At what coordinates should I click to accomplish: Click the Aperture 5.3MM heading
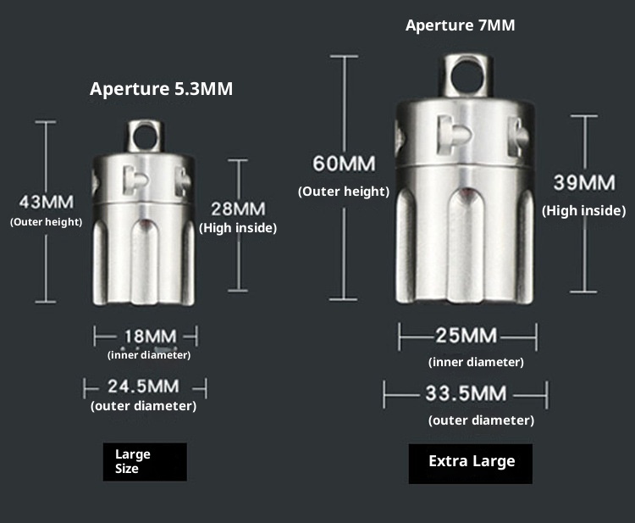(x=161, y=89)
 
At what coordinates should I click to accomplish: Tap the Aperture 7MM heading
(x=460, y=25)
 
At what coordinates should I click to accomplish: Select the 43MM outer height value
(x=47, y=202)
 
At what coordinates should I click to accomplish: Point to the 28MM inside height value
(x=238, y=209)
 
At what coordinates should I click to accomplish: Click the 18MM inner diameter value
(x=150, y=337)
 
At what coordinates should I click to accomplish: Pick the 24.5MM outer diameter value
(x=143, y=386)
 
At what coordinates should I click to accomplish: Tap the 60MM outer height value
(x=345, y=164)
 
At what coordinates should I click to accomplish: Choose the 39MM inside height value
(x=584, y=182)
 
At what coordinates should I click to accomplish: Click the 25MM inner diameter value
(x=467, y=336)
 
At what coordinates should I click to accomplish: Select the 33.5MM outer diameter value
(x=467, y=393)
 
